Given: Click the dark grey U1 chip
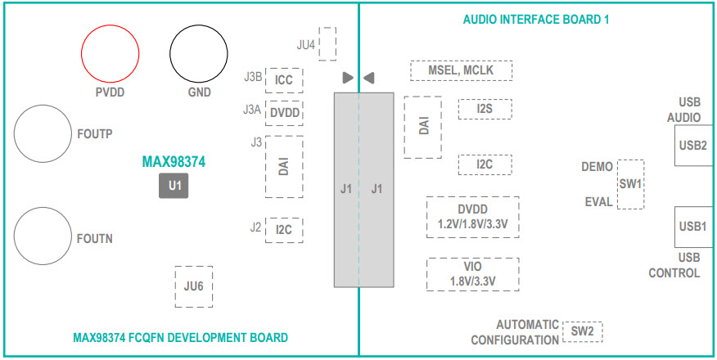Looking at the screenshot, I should tap(174, 187).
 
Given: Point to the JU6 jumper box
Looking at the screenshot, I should tap(193, 286).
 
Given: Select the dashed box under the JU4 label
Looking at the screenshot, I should tap(327, 43).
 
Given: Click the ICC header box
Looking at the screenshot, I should tap(284, 80).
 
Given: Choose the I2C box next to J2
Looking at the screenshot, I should tap(284, 230).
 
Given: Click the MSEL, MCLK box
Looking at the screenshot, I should tap(461, 70).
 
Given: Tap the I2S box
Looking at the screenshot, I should tap(485, 109).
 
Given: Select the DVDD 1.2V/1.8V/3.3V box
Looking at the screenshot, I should tap(473, 217).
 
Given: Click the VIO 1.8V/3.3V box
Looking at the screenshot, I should tap(473, 274).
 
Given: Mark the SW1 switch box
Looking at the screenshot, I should tap(630, 184).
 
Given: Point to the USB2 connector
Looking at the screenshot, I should tap(693, 146).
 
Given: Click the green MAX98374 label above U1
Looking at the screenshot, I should tap(174, 162).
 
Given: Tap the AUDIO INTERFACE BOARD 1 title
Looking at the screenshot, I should tap(536, 19).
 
